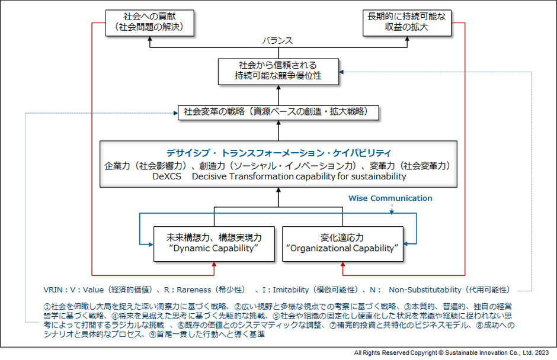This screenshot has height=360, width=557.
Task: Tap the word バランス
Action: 277,41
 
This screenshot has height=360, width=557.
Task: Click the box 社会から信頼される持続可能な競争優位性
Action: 278,70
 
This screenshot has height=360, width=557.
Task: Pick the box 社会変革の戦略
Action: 278,112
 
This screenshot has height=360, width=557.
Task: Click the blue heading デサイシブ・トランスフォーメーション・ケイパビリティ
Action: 278,152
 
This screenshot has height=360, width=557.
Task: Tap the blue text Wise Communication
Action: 389,198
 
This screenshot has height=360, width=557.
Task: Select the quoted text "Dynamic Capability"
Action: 213,249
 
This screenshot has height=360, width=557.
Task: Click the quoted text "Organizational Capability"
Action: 343,249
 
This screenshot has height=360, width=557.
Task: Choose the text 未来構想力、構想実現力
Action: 213,237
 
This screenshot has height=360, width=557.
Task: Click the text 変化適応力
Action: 343,237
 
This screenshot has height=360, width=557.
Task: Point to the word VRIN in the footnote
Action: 55,290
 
